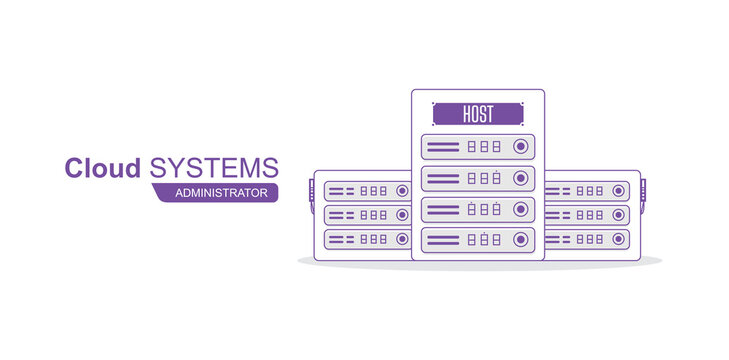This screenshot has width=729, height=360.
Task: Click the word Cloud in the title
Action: point(102,168)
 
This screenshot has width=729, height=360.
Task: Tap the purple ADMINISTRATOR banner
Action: point(221,192)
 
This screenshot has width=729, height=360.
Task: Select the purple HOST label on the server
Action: point(478,113)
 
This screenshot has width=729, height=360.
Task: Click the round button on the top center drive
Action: point(520,147)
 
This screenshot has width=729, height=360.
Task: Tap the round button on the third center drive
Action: point(520,209)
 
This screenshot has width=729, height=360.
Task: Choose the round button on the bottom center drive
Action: point(520,240)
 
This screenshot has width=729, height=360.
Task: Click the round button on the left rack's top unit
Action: point(402,190)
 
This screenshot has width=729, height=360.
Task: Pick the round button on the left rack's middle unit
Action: point(402,214)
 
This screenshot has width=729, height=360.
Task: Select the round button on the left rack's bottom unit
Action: point(402,239)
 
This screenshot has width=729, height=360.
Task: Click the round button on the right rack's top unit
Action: point(620,190)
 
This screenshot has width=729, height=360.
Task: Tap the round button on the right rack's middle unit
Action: point(620,214)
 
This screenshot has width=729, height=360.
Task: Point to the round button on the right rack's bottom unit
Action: point(620,239)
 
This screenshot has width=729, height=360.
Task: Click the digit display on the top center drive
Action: point(484,147)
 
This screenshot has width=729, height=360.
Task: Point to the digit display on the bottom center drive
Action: point(484,240)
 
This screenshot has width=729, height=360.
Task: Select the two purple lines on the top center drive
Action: point(443,147)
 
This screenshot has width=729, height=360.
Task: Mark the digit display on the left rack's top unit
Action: point(374,190)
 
